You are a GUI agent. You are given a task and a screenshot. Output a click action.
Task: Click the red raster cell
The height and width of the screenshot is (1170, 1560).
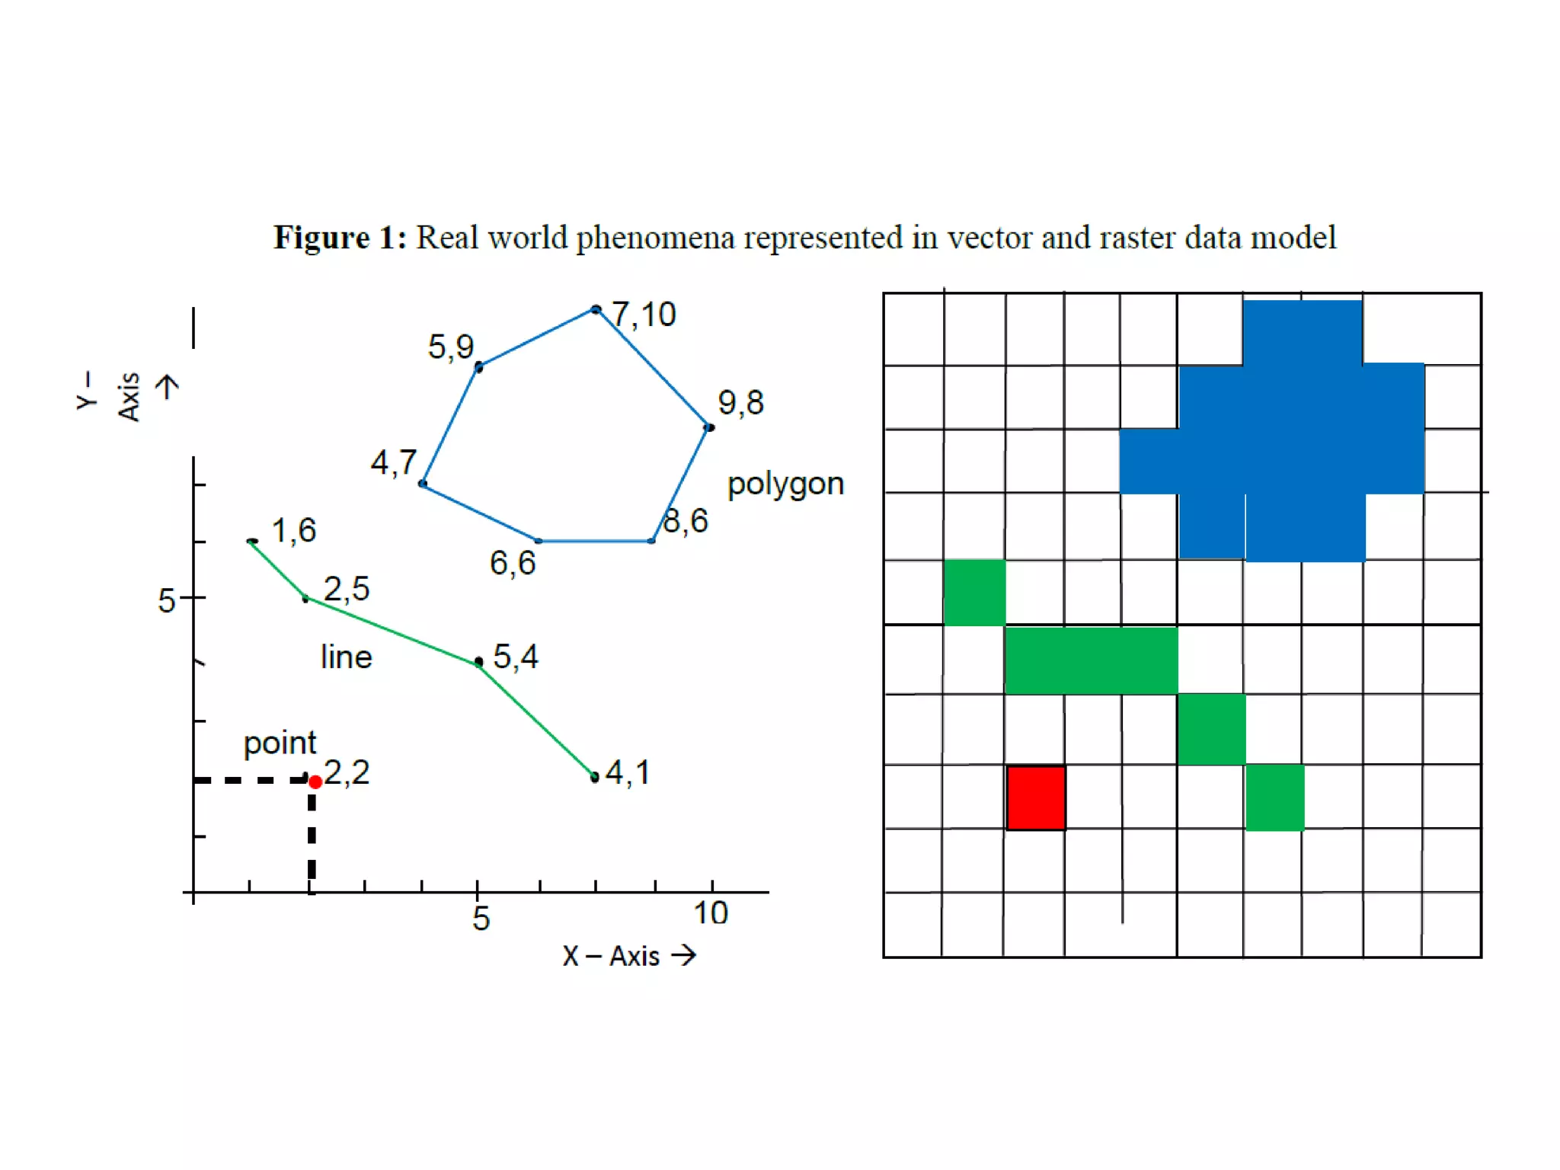1035,797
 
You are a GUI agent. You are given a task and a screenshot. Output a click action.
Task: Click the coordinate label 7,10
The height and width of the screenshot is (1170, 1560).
644,315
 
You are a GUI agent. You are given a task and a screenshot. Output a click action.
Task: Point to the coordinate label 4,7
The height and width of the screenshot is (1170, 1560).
393,462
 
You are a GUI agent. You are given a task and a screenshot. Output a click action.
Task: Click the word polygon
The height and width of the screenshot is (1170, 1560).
785,484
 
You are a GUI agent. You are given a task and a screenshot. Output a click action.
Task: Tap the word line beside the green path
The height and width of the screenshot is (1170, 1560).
346,657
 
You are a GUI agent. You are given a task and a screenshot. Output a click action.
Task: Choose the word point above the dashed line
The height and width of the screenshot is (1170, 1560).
280,743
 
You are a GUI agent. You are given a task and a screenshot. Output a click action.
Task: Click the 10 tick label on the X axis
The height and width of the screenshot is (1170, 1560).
711,913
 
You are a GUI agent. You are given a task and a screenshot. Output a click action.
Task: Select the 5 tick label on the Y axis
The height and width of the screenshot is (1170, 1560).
166,601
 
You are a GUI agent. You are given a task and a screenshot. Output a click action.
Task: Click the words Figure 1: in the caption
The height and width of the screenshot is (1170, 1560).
340,238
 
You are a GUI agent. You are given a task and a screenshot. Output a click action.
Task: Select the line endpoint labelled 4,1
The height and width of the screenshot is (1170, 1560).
595,777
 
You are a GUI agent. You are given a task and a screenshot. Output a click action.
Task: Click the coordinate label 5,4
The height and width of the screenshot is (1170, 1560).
516,657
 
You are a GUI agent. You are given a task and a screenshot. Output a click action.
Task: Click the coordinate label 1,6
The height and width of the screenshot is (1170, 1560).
293,530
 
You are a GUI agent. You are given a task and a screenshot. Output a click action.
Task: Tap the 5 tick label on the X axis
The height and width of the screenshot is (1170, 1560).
481,918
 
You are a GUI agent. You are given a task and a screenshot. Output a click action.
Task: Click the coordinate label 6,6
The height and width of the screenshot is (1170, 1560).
513,564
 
